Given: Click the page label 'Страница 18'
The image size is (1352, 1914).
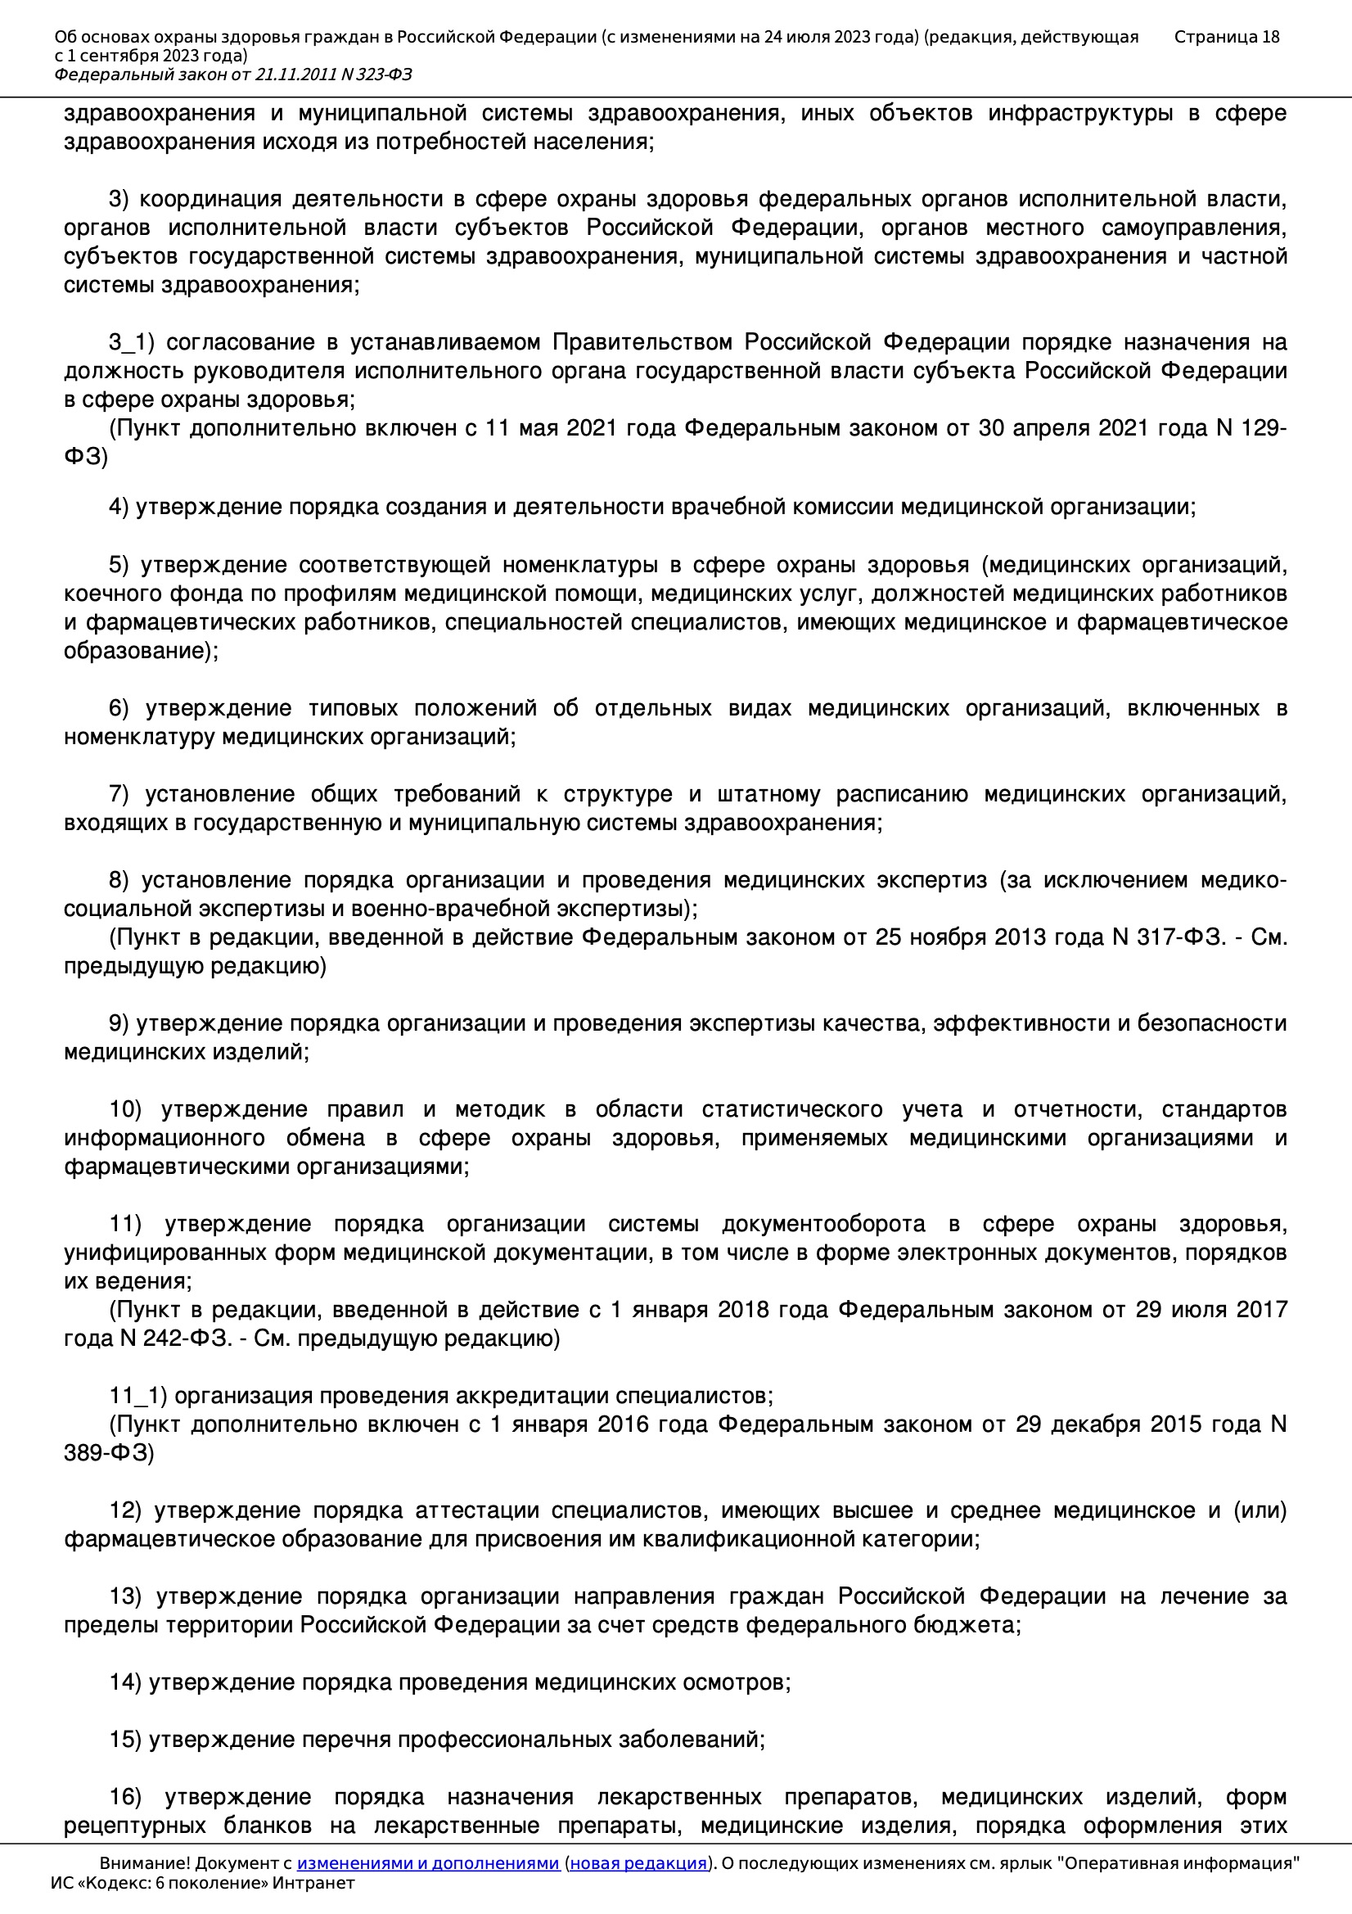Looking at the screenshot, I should (1226, 37).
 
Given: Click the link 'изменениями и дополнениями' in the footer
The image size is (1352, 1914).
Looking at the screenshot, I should (427, 1863).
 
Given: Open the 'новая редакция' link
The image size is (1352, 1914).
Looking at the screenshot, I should (638, 1863).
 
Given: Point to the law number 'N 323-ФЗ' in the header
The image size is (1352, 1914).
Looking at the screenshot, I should (376, 75).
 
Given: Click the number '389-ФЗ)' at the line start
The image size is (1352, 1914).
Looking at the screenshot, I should (109, 1453).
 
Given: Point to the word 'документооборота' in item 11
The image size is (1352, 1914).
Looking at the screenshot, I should (823, 1225).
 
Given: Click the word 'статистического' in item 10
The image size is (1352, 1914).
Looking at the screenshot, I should (792, 1109).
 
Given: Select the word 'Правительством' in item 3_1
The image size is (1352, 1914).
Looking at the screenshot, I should (643, 343).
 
